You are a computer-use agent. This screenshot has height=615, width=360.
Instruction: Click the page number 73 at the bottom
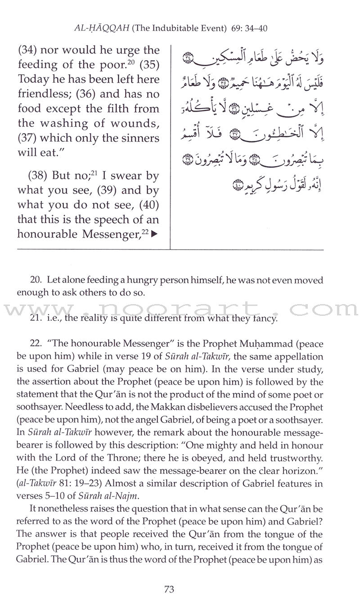[x=180, y=589]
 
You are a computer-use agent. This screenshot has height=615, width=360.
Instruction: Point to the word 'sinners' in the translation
[x=137, y=139]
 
